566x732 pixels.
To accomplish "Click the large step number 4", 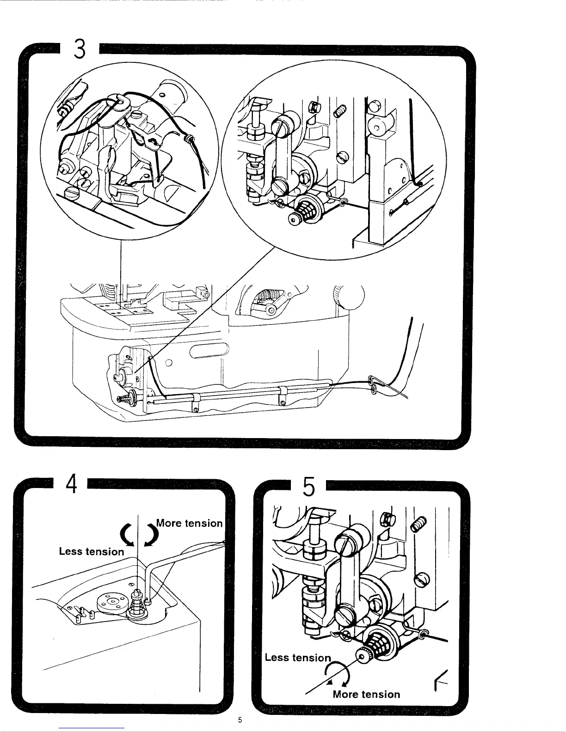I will click(x=71, y=484).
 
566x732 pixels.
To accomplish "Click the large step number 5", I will click(x=309, y=488).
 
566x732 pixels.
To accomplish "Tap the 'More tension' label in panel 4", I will click(x=190, y=523).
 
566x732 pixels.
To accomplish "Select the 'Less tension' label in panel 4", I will click(x=92, y=551).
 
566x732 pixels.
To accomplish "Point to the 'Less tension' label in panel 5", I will click(x=298, y=657).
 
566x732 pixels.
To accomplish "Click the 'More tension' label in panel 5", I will click(x=366, y=694).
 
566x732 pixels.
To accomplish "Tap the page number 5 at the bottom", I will click(x=240, y=720).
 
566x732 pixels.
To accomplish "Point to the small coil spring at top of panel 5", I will click(x=418, y=525).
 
